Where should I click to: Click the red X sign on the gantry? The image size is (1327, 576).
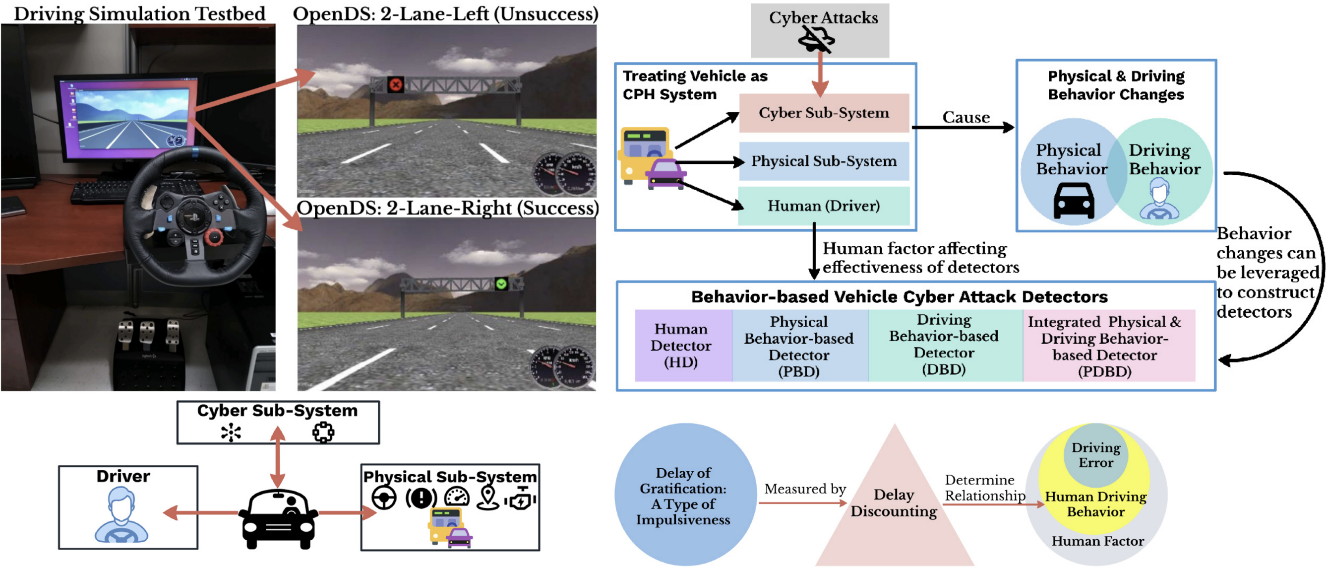[396, 84]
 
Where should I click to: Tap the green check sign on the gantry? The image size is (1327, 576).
[501, 284]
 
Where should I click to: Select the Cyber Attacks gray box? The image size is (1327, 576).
[820, 30]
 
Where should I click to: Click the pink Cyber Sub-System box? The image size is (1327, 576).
[824, 113]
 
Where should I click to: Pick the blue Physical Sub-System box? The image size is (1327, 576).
[824, 161]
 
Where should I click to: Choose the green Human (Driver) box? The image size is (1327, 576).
[824, 206]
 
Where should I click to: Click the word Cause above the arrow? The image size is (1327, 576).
[966, 118]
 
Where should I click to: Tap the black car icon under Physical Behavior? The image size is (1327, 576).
[1074, 201]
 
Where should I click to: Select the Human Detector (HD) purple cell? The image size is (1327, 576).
[681, 346]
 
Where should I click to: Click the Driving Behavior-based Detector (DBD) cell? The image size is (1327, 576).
[944, 345]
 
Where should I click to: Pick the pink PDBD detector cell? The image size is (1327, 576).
[1105, 346]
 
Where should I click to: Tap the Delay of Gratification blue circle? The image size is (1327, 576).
[684, 495]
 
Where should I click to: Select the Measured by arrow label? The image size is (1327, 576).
[805, 489]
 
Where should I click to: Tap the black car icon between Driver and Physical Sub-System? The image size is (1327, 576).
[279, 518]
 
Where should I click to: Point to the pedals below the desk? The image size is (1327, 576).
[147, 335]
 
